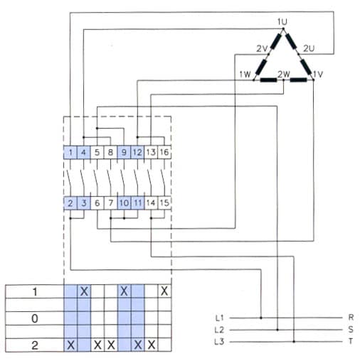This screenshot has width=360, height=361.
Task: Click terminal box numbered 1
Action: (x=70, y=152)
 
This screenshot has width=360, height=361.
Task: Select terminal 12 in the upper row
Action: (x=137, y=152)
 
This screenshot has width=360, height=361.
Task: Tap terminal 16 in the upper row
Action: (x=164, y=152)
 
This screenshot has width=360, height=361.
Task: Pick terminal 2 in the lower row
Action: (x=70, y=203)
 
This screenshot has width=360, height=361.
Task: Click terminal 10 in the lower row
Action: (x=124, y=203)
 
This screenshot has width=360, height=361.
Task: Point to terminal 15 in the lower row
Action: (x=164, y=203)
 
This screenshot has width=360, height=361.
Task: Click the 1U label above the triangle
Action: (x=282, y=22)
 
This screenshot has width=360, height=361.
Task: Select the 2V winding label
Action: (x=262, y=48)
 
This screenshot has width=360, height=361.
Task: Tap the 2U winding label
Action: (x=309, y=48)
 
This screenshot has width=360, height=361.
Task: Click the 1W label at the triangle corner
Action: (x=245, y=75)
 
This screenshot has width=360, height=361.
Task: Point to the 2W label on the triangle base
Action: (x=284, y=75)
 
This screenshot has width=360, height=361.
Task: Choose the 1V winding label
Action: (x=318, y=75)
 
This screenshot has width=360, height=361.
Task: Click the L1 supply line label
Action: (x=219, y=318)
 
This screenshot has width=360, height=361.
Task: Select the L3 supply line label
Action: (x=219, y=342)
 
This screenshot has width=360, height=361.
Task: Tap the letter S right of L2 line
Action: (x=351, y=329)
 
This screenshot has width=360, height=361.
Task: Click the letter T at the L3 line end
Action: (x=351, y=341)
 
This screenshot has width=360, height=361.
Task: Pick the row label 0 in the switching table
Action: (x=35, y=318)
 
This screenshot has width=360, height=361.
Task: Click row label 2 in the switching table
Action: (x=35, y=345)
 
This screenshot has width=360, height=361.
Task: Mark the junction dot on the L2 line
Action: (x=277, y=330)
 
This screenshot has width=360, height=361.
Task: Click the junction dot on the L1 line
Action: (x=261, y=318)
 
